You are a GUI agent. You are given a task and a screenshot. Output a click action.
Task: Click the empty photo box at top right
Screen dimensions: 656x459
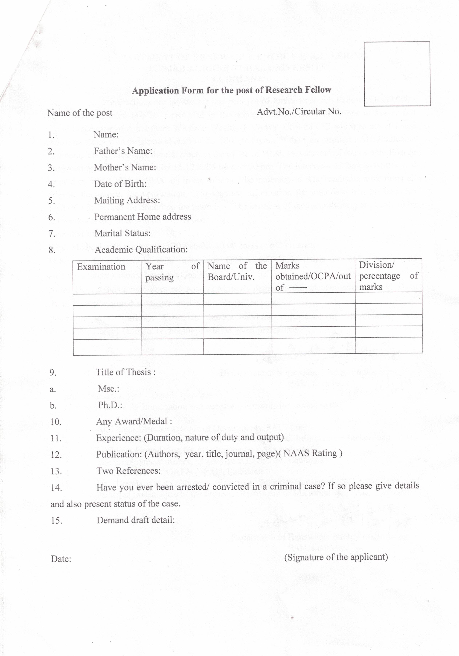[397, 74]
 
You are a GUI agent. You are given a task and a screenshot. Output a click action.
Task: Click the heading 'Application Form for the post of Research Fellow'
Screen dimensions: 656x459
[231, 90]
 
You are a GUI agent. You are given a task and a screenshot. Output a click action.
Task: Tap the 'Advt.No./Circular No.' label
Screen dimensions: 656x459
[299, 111]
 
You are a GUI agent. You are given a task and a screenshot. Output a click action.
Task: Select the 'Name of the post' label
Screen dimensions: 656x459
[80, 113]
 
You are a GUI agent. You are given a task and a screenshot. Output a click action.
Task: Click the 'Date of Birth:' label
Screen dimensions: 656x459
[120, 184]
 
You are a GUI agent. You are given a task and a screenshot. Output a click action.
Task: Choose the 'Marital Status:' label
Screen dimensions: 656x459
[122, 233]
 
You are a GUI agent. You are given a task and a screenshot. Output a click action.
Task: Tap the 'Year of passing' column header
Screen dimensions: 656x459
[172, 272]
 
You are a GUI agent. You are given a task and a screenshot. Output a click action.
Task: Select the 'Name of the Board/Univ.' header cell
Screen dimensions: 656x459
[237, 271]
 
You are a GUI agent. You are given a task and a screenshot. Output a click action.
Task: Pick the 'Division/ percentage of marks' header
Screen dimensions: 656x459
[388, 276]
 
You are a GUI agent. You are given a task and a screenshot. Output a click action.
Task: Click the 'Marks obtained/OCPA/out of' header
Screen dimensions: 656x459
[313, 276]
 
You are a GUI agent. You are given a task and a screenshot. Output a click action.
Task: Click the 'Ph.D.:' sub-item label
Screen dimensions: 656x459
[110, 405]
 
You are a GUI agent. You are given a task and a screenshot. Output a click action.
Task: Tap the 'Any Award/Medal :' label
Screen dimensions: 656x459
[134, 421]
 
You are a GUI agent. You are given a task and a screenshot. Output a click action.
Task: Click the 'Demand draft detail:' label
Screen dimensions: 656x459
[135, 520]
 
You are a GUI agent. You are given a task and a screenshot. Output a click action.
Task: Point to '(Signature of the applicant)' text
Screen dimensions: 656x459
[336, 557]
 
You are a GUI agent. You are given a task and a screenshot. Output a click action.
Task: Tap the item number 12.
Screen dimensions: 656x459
[56, 455]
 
